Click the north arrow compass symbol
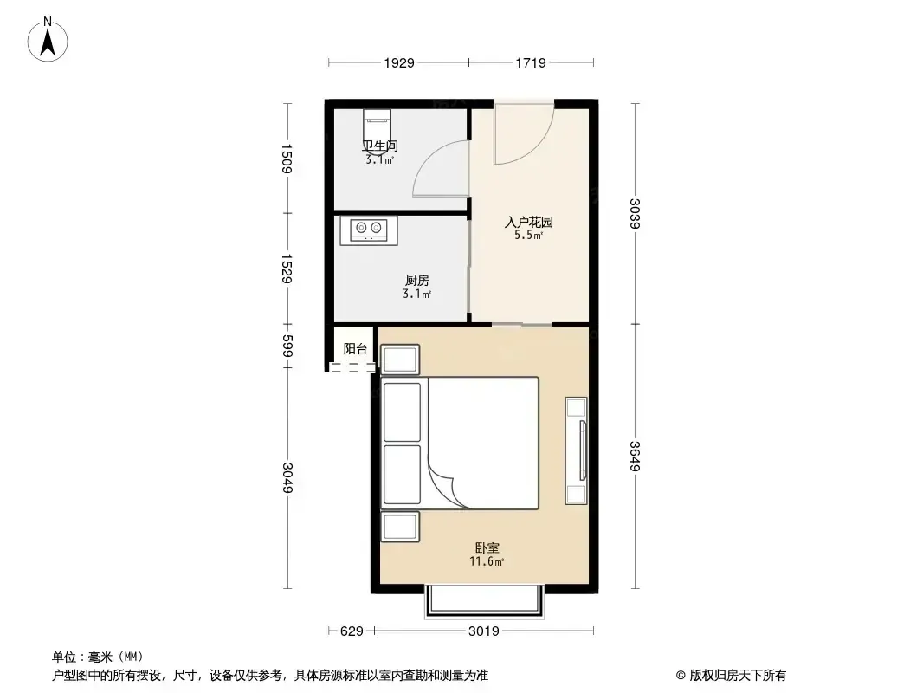pyautogui.click(x=48, y=40)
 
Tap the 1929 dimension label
pyautogui.click(x=399, y=63)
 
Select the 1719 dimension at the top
pyautogui.click(x=531, y=63)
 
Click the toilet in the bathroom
pyautogui.click(x=377, y=124)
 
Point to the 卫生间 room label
pyautogui.click(x=380, y=146)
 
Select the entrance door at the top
pyautogui.click(x=523, y=133)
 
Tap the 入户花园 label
pyautogui.click(x=529, y=222)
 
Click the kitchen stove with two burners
pyautogui.click(x=369, y=230)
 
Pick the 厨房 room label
pyautogui.click(x=416, y=281)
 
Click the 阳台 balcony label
pyautogui.click(x=355, y=348)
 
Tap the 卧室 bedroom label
pyautogui.click(x=487, y=547)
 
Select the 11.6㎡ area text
pyautogui.click(x=487, y=561)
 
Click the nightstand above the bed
pyautogui.click(x=400, y=359)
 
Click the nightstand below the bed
pyautogui.click(x=400, y=527)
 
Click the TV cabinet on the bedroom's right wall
pyautogui.click(x=577, y=450)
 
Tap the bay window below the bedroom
pyautogui.click(x=483, y=600)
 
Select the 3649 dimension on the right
pyautogui.click(x=634, y=456)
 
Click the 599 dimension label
pyautogui.click(x=287, y=346)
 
